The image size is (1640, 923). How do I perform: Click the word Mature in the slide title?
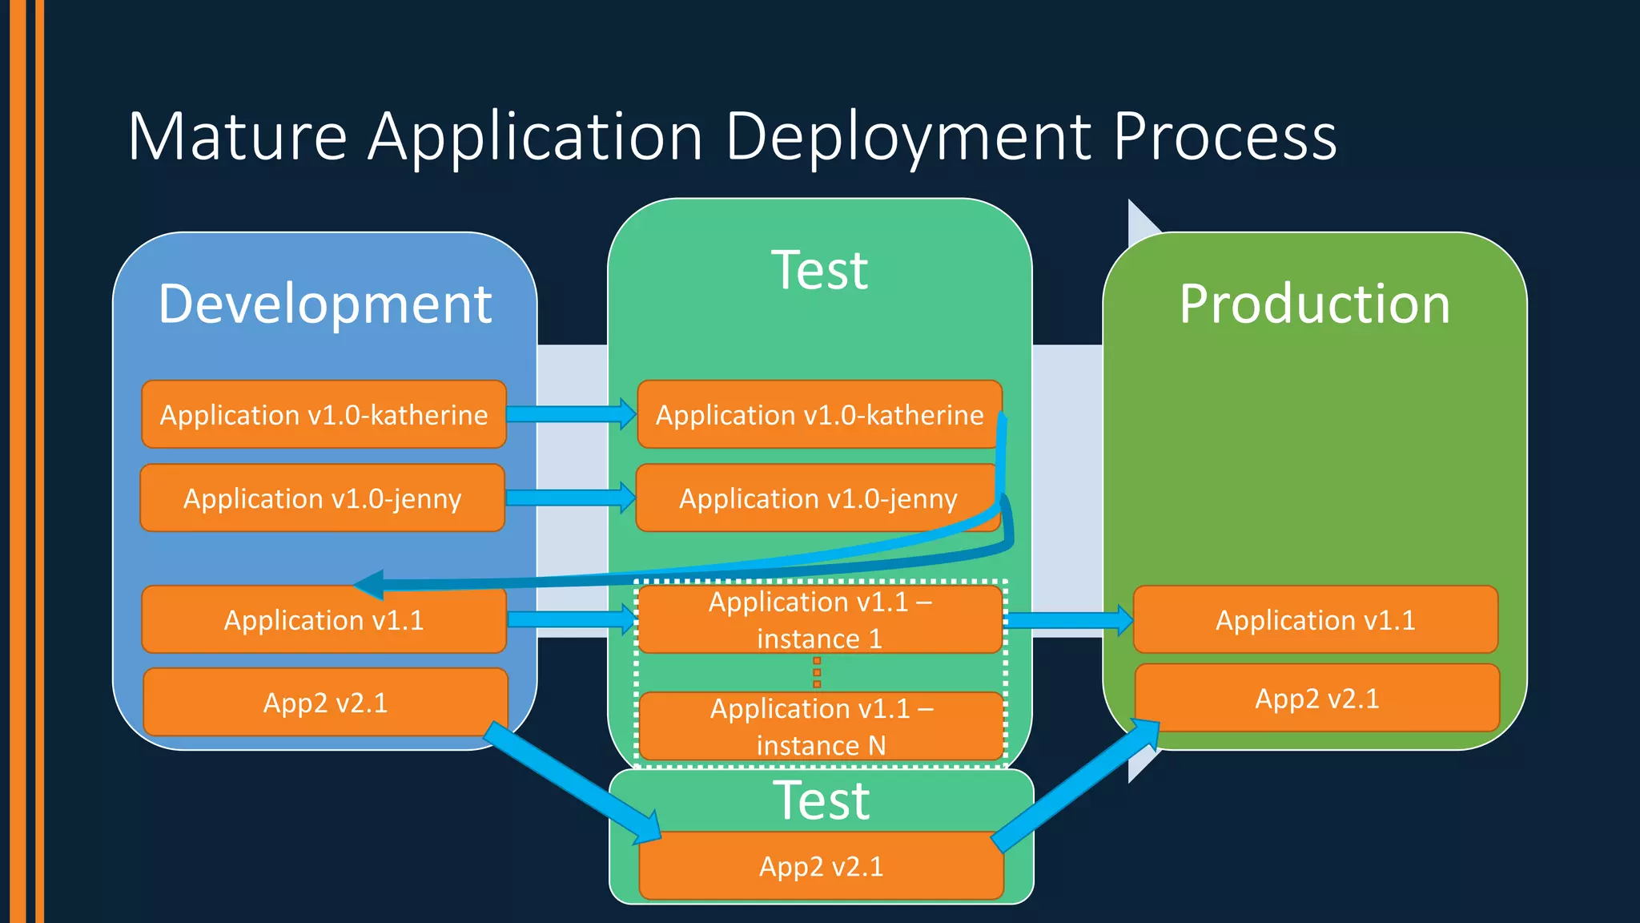(x=237, y=136)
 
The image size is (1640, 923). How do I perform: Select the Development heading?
(x=325, y=304)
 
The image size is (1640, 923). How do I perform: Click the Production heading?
(x=1315, y=304)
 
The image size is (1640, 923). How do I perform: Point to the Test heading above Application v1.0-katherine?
(x=820, y=270)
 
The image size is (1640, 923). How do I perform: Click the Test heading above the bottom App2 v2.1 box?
(x=822, y=800)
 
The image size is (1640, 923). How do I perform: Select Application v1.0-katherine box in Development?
(x=324, y=414)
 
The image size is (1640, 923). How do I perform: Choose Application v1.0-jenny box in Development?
(x=323, y=498)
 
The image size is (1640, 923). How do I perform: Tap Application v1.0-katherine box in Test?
(x=820, y=414)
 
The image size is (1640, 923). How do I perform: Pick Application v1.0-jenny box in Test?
(x=818, y=498)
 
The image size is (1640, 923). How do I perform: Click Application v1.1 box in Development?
(x=324, y=619)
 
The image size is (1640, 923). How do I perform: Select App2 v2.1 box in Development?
(x=326, y=702)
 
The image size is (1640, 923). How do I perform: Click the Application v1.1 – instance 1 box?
(x=821, y=619)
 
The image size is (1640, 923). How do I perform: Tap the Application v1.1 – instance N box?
(x=822, y=726)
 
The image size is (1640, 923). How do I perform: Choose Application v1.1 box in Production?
(x=1316, y=619)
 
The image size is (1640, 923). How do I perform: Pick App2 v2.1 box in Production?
(x=1317, y=698)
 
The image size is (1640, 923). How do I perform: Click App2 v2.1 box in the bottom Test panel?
(x=822, y=865)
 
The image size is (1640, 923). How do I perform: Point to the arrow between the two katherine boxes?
(x=572, y=413)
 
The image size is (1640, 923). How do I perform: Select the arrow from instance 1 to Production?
(x=1069, y=620)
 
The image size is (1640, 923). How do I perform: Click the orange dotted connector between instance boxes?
(x=817, y=672)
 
